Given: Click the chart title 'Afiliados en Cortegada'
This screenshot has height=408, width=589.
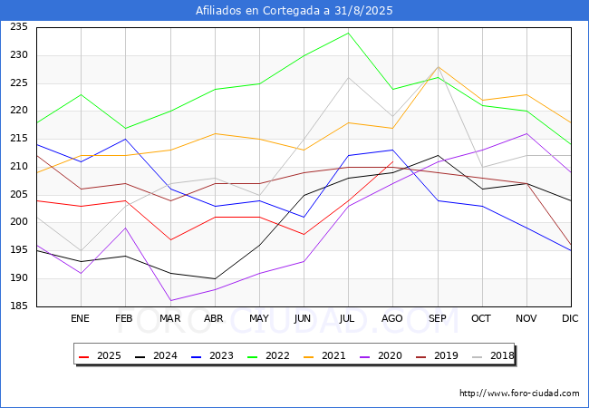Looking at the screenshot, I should [294, 11].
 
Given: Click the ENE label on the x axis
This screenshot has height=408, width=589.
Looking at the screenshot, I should [81, 318].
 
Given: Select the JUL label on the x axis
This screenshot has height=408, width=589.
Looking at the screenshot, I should [348, 318].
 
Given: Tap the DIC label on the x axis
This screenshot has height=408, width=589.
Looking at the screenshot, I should [570, 318].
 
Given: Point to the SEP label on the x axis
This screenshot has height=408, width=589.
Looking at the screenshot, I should [437, 318].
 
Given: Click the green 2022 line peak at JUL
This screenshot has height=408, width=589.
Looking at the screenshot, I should [348, 33].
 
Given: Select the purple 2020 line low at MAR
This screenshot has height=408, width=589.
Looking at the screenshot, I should [169, 301].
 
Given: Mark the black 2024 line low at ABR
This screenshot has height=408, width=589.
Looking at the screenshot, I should [214, 278].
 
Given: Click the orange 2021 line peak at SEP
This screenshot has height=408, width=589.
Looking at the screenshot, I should [438, 66].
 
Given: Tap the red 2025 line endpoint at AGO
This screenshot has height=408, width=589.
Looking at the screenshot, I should [392, 161].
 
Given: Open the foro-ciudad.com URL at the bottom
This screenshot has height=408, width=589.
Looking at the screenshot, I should [519, 393].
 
